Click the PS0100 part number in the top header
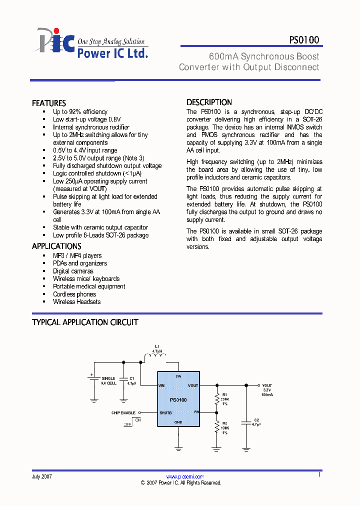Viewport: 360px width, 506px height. coord(304,40)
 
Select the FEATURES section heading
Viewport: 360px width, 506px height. coord(49,103)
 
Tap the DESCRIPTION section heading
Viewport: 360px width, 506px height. coord(209,102)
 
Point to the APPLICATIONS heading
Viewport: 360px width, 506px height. coord(56,246)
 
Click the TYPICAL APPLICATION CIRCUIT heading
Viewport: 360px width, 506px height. coord(85,322)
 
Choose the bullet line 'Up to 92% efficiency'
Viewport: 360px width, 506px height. coord(80,112)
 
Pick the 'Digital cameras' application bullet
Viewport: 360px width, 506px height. coord(73,271)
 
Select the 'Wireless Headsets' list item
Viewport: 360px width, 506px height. coord(76,302)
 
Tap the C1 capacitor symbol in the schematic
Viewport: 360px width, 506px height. coord(122,383)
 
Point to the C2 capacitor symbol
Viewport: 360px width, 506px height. coord(245,423)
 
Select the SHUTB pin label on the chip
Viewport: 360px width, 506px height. coord(165,413)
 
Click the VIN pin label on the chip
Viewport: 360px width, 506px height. coord(161,385)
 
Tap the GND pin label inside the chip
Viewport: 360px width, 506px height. coord(178,422)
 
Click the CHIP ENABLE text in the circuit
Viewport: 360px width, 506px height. coord(123,413)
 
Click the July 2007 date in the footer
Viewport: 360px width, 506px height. coord(42,477)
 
